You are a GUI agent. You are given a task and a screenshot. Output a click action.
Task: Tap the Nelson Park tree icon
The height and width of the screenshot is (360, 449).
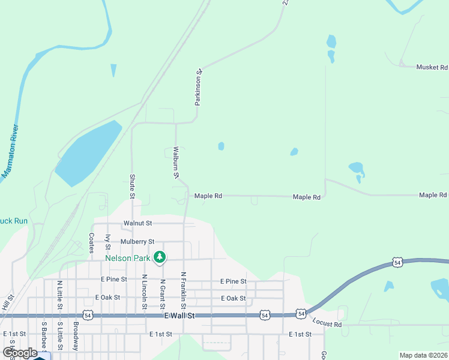(x=159, y=257)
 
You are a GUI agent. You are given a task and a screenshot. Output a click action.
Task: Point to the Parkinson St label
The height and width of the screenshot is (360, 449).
(x=199, y=88)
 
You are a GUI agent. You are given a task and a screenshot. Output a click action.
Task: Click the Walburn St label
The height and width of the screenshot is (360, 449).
(x=176, y=163)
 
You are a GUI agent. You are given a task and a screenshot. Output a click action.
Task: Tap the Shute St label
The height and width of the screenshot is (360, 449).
(x=132, y=186)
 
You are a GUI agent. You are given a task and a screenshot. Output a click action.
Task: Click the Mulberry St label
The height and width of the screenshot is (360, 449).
(x=139, y=241)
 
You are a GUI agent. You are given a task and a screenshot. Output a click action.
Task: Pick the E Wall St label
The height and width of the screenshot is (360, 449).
(x=179, y=316)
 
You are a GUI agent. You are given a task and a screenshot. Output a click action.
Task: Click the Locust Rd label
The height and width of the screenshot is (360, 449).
(x=327, y=325)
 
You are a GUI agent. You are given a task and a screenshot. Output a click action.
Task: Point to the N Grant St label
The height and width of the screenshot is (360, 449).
(x=163, y=292)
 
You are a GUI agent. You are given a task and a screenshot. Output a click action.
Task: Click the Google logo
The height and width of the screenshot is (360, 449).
(x=20, y=353)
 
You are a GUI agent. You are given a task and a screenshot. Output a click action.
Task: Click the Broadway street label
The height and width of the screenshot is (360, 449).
(x=76, y=332)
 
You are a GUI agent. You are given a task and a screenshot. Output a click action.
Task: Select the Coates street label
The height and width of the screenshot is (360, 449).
(x=91, y=243)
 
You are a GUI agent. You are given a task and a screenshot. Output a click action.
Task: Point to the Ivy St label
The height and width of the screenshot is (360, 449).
(x=108, y=242)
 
